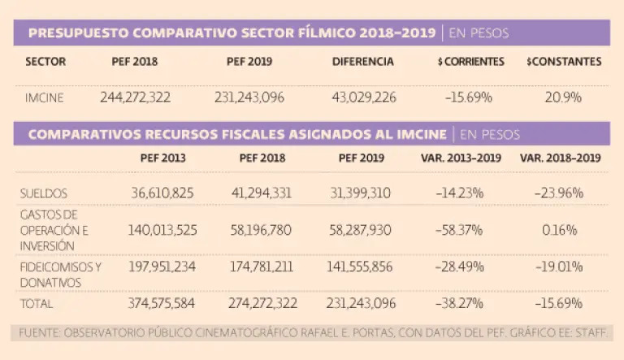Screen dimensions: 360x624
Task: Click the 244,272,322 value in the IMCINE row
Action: coord(135,98)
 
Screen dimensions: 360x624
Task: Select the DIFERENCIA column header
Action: coord(363,62)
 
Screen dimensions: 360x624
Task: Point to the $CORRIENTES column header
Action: coord(470,62)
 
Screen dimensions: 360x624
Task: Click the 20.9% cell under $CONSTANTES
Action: coord(564,98)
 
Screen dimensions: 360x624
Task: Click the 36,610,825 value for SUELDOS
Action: coord(162,193)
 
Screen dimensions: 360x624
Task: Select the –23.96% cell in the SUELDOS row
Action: coord(560,193)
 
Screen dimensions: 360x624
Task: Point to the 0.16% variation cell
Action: coord(560,230)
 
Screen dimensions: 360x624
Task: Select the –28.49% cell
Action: coord(460,267)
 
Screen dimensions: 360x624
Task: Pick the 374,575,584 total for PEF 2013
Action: coord(162,304)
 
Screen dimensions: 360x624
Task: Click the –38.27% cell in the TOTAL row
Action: coord(460,304)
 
